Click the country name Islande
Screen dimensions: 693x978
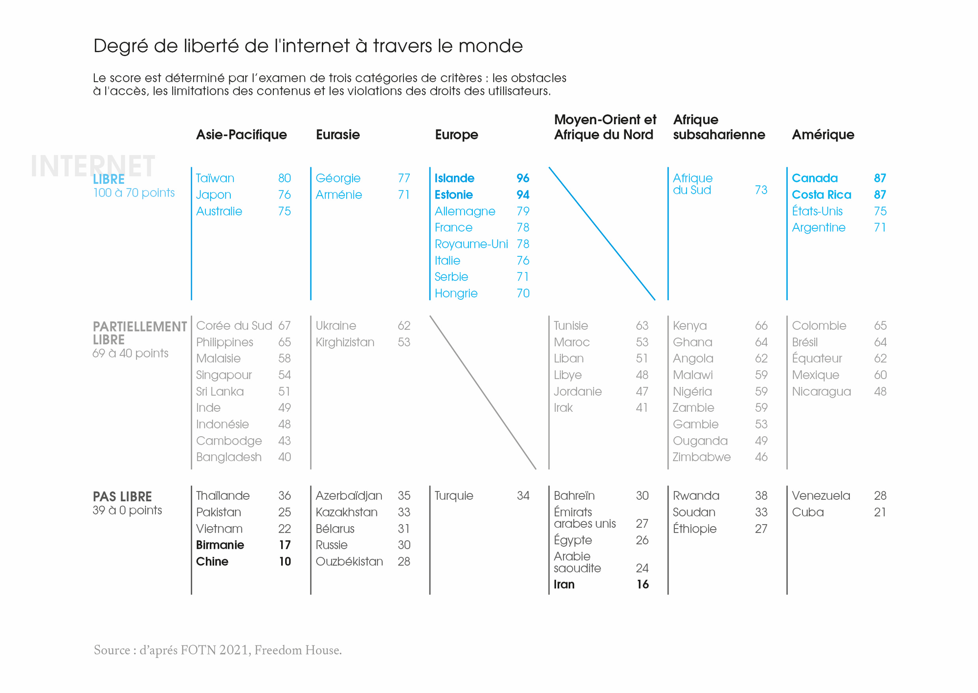(x=454, y=178)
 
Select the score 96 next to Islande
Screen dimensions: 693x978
(x=523, y=178)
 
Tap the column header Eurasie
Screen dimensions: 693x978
(x=337, y=134)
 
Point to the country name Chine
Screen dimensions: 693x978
(x=212, y=561)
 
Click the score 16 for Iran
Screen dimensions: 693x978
(x=642, y=584)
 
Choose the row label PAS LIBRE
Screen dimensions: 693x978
(x=122, y=497)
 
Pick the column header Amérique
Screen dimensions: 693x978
(x=823, y=134)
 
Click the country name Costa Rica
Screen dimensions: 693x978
(x=821, y=195)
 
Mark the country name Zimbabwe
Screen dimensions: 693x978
(x=701, y=457)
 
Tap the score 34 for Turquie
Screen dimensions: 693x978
(x=523, y=496)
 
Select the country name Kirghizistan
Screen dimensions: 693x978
(x=345, y=342)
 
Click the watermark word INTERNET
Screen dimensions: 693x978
(x=93, y=166)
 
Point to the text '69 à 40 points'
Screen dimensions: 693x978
(x=130, y=353)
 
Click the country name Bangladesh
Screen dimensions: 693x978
(x=228, y=457)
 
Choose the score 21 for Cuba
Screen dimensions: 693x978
(x=880, y=512)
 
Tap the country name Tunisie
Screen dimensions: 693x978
(x=571, y=326)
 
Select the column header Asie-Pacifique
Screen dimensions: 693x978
(x=241, y=134)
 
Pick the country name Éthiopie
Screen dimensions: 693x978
(x=694, y=529)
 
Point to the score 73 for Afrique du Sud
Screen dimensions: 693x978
(x=761, y=190)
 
